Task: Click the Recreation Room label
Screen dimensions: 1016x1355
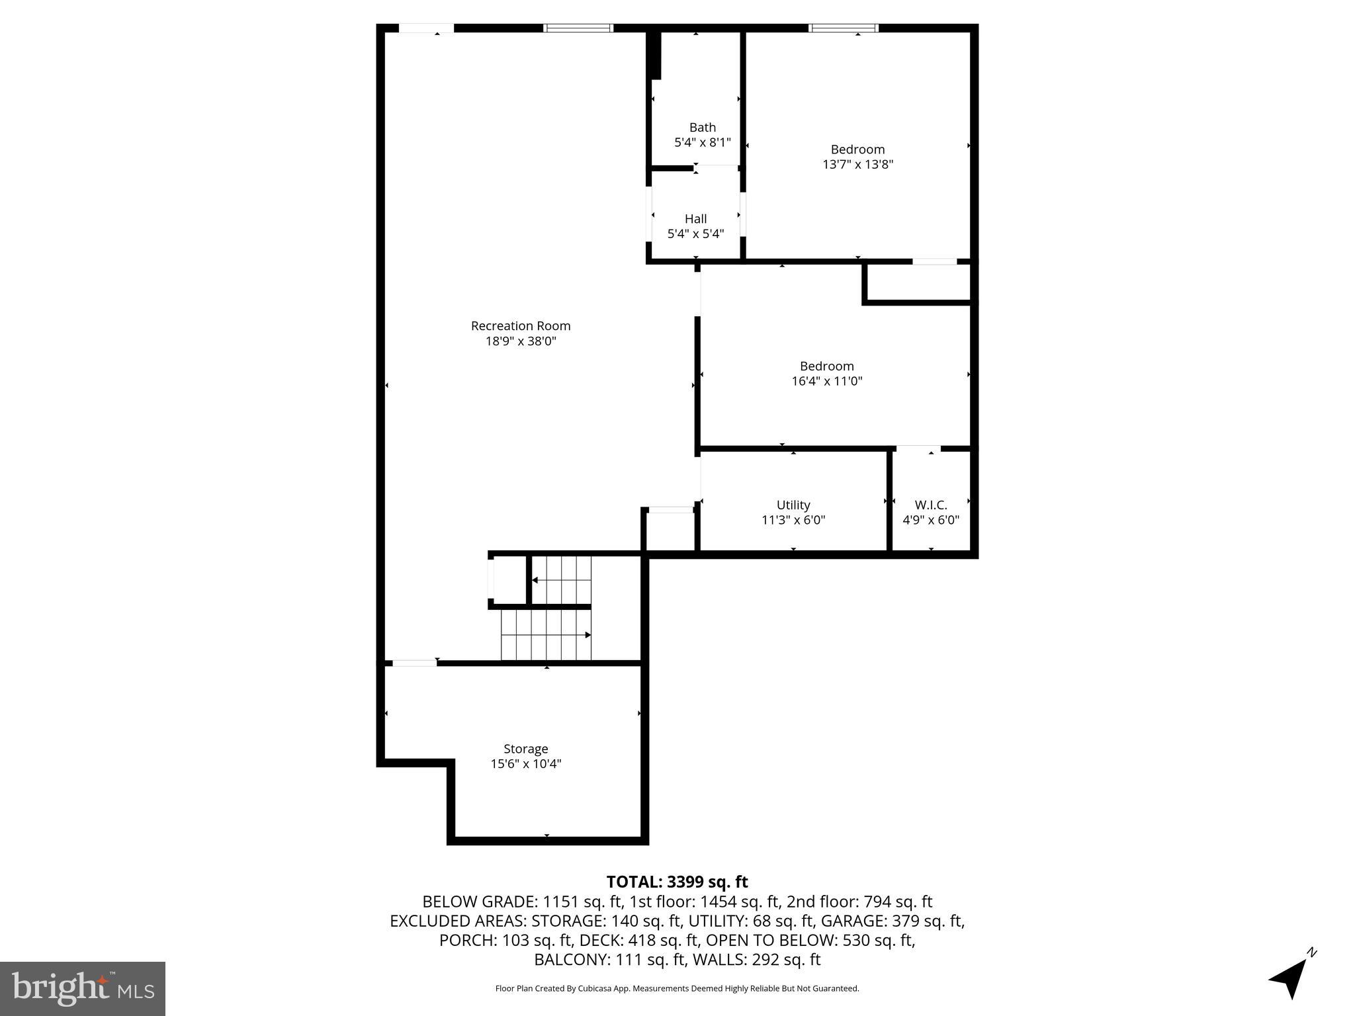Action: [521, 326]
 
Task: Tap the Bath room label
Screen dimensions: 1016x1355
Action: [702, 127]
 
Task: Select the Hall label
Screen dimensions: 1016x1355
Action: [695, 219]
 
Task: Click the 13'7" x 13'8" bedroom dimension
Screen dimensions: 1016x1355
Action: [857, 165]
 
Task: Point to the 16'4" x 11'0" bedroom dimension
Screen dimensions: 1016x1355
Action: [826, 381]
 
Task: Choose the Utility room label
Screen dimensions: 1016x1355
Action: [793, 505]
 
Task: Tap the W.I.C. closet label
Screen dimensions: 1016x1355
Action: [931, 505]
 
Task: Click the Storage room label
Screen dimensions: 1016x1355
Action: [525, 749]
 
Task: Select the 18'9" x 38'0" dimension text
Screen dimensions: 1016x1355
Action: [521, 341]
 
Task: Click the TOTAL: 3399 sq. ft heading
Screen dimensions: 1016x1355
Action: [677, 882]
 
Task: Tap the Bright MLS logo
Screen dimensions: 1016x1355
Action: [83, 988]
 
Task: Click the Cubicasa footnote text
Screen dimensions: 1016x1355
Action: [677, 989]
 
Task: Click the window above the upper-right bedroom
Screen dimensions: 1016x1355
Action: [844, 28]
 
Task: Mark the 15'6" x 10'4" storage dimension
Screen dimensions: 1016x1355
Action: [525, 764]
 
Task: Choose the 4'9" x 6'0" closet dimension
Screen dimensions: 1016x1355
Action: [931, 520]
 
